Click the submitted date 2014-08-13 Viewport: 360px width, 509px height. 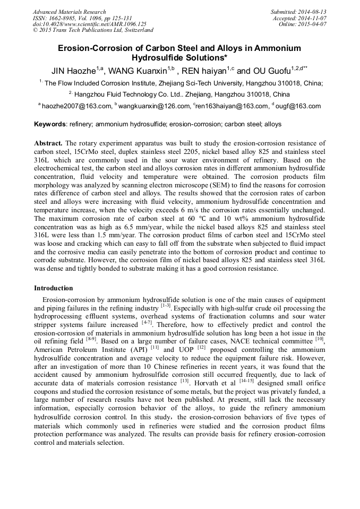pyautogui.click(x=312, y=12)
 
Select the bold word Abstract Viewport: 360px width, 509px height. pyautogui.click(x=48, y=143)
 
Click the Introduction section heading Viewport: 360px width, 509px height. pyautogui.click(x=53, y=288)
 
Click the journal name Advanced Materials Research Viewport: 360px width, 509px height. pyautogui.click(x=69, y=12)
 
